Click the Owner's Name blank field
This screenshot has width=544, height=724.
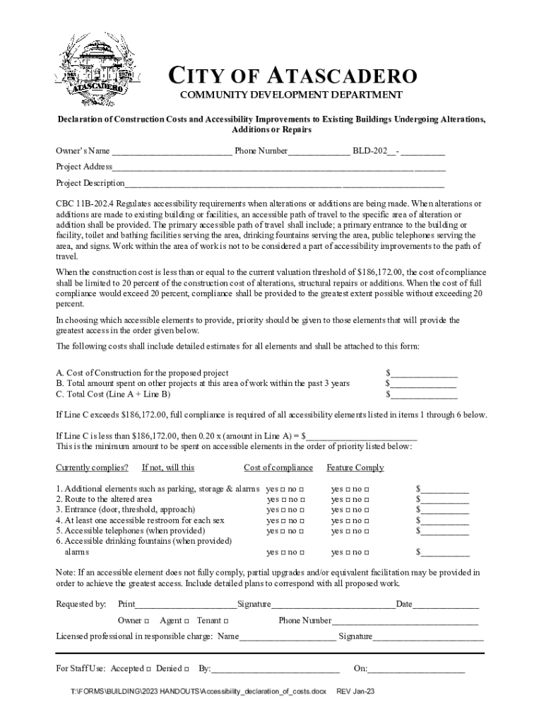pyautogui.click(x=172, y=151)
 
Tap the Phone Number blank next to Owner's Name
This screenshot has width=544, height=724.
pyautogui.click(x=319, y=151)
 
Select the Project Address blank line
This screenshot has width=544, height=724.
pyautogui.click(x=279, y=168)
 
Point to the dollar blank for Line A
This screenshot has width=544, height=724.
pyautogui.click(x=424, y=373)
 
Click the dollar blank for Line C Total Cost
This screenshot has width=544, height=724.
pyautogui.click(x=424, y=395)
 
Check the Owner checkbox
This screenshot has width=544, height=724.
pyautogui.click(x=146, y=621)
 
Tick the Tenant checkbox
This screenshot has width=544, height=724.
pyautogui.click(x=225, y=621)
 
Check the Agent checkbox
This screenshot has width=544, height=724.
pyautogui.click(x=187, y=621)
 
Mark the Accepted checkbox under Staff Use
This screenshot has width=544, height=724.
pyautogui.click(x=149, y=669)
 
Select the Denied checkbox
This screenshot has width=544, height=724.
pyautogui.click(x=185, y=669)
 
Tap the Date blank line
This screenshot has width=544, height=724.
pyautogui.click(x=446, y=605)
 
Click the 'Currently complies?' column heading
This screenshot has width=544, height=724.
pyautogui.click(x=92, y=467)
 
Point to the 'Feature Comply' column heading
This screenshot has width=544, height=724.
pyautogui.click(x=355, y=467)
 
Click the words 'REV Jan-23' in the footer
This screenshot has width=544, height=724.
pyautogui.click(x=355, y=691)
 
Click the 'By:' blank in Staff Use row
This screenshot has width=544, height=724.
pyautogui.click(x=276, y=669)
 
